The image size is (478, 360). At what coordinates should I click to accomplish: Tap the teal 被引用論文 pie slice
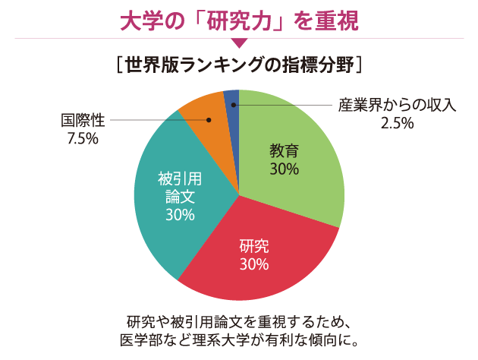click(x=178, y=197)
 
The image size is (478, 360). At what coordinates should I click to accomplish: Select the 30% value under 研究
click(x=254, y=264)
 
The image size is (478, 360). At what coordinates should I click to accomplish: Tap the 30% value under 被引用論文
click(x=180, y=215)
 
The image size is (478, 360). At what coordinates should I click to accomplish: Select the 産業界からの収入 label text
click(x=397, y=105)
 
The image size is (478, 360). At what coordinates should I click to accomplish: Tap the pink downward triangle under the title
click(x=238, y=43)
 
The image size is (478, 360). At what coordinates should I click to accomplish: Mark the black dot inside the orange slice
click(x=210, y=119)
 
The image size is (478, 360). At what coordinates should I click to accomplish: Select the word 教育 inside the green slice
click(x=284, y=150)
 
